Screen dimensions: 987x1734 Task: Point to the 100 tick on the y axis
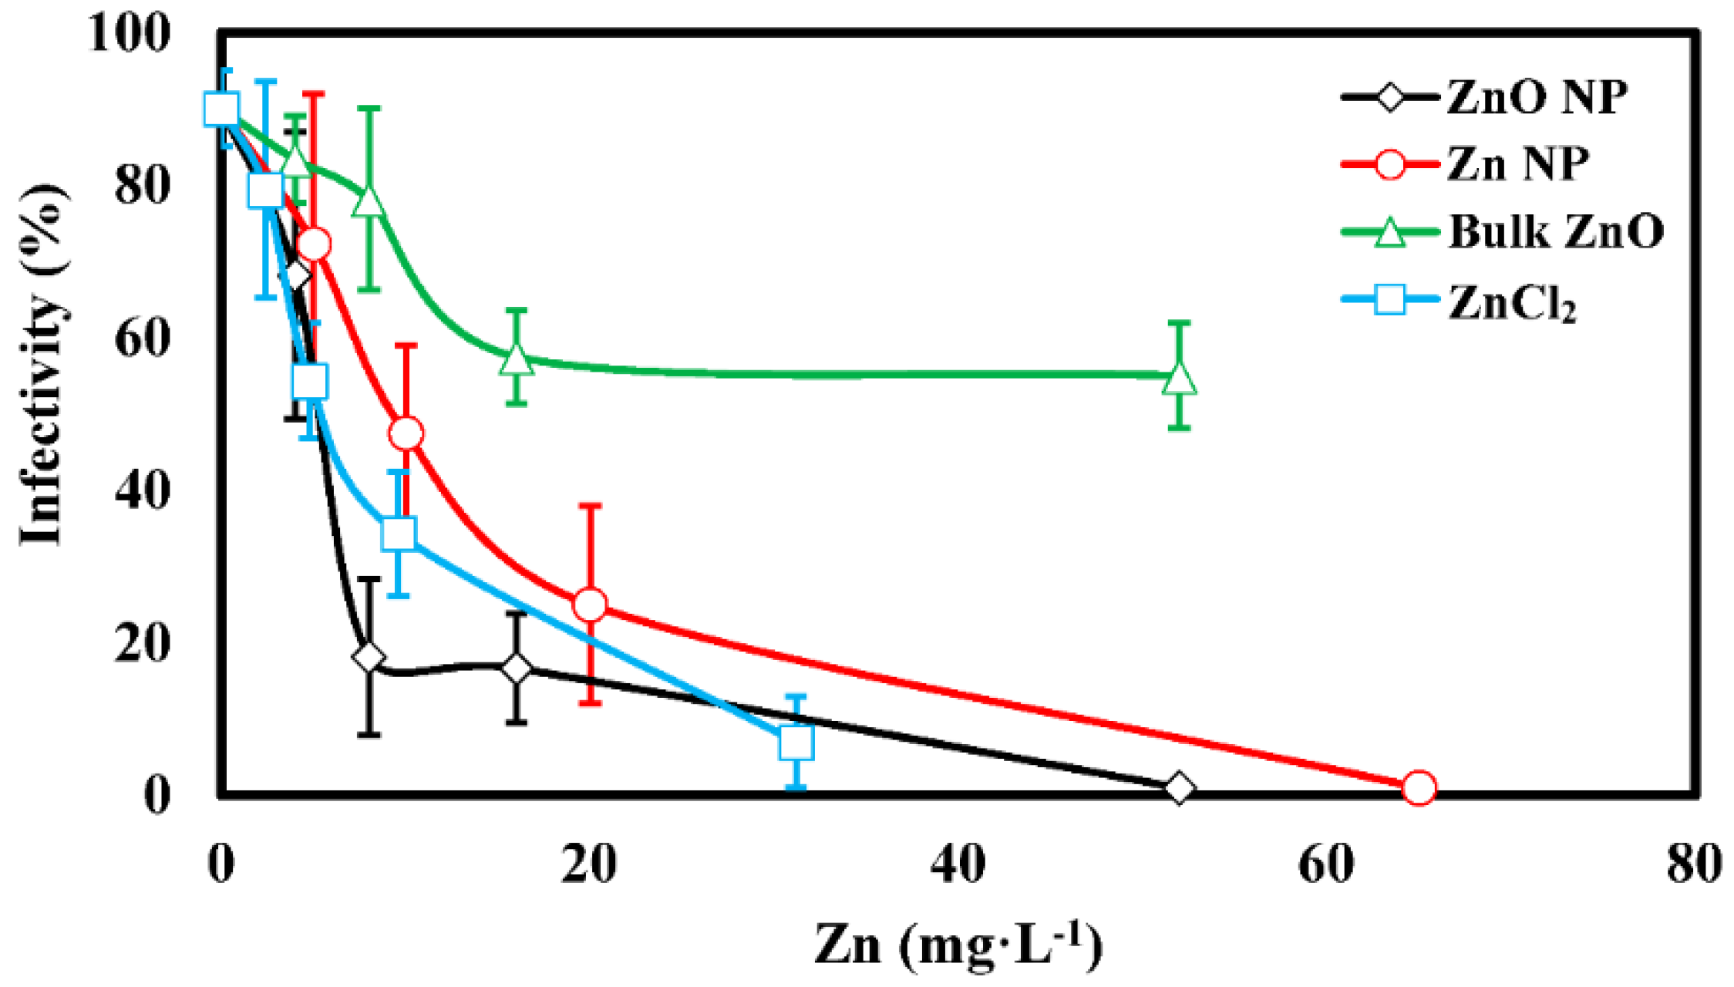click(128, 34)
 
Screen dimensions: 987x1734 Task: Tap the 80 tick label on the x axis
click(1693, 864)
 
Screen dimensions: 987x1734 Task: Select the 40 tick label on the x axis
click(958, 864)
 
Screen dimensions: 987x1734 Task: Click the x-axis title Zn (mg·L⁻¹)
click(958, 945)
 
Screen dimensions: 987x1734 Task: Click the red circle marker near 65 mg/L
click(1419, 788)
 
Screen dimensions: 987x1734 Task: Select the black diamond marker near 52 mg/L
click(1179, 788)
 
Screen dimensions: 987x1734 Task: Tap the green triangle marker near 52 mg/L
click(1179, 379)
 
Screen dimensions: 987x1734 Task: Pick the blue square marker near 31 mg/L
click(796, 743)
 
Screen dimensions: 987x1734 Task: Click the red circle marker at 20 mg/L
click(590, 605)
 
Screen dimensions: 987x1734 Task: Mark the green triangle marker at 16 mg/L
click(516, 359)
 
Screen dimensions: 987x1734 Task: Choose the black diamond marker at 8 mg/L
click(369, 658)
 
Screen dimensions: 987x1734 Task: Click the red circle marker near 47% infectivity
click(406, 433)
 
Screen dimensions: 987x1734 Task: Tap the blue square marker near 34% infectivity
click(398, 533)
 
